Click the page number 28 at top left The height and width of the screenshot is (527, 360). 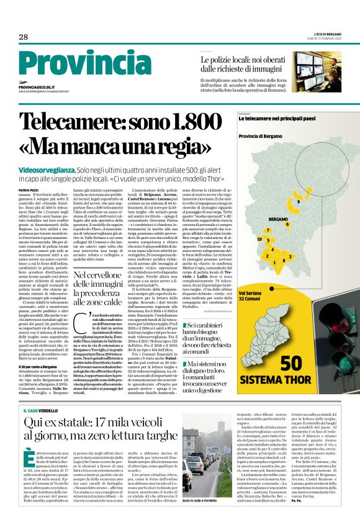click(24, 37)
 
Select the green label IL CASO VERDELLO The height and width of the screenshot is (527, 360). click(40, 393)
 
